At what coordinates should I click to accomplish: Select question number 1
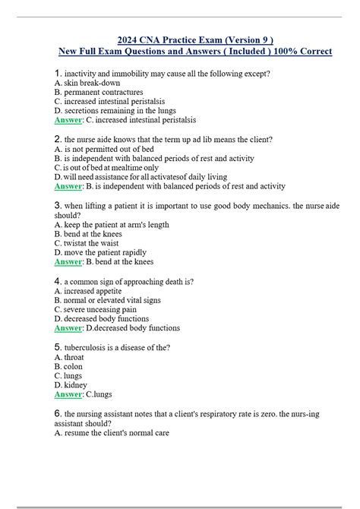pyautogui.click(x=58, y=73)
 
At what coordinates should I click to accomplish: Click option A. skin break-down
pyautogui.click(x=87, y=83)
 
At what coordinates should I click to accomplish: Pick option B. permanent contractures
pyautogui.click(x=99, y=92)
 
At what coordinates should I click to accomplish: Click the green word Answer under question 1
pyautogui.click(x=69, y=119)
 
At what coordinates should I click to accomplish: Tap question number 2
pyautogui.click(x=58, y=140)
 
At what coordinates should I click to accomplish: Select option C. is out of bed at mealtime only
pyautogui.click(x=107, y=168)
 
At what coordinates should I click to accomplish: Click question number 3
pyautogui.click(x=58, y=205)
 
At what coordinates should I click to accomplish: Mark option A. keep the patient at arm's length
pyautogui.click(x=112, y=225)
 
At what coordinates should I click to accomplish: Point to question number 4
pyautogui.click(x=58, y=281)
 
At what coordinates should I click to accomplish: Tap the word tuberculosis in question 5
pyautogui.click(x=90, y=348)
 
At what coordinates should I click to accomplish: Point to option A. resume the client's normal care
pyautogui.click(x=112, y=433)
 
